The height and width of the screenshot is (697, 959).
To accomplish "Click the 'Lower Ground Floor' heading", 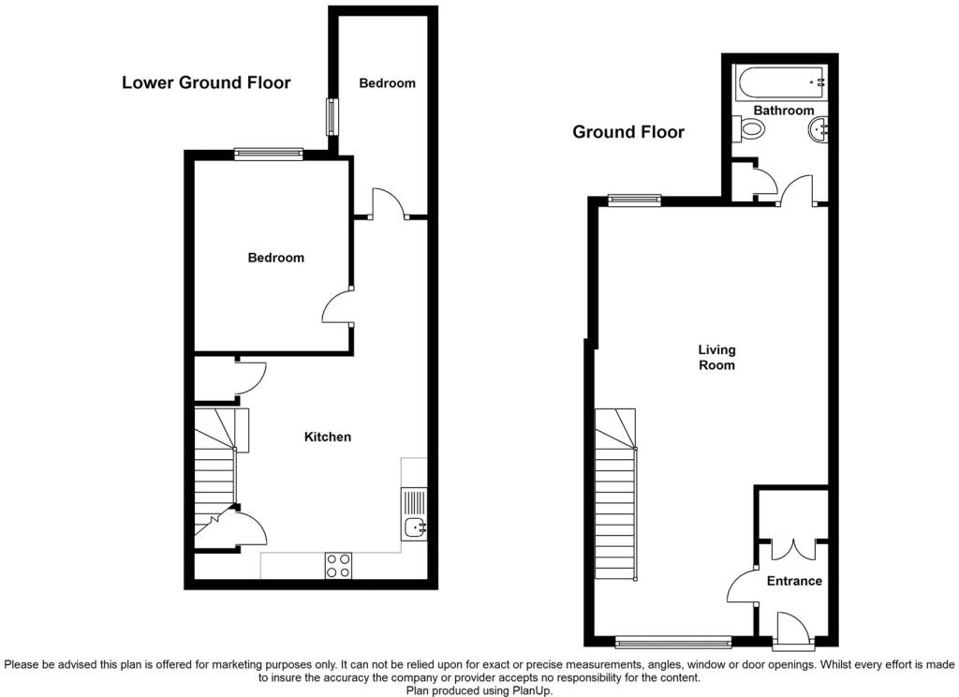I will pos(206,82).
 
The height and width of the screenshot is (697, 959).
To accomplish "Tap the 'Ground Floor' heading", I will pos(628,132).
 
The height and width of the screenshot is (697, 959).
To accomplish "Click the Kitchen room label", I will pos(328,437).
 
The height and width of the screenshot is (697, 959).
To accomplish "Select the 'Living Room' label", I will pos(716,358).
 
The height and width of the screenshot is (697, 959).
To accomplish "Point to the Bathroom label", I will pos(784,111).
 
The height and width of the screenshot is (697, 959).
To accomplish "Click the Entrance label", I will pos(794,581).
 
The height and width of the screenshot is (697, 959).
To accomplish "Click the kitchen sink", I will pos(414,527).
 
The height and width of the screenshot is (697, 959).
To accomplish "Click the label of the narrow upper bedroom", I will pos(387,83).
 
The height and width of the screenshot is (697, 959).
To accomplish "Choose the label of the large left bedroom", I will pos(275,258).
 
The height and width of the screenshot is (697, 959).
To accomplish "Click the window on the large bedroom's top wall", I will pos(269,153).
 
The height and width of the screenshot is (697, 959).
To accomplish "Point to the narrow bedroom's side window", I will pos(332,116).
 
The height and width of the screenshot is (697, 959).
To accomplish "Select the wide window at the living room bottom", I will pos(672,642).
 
